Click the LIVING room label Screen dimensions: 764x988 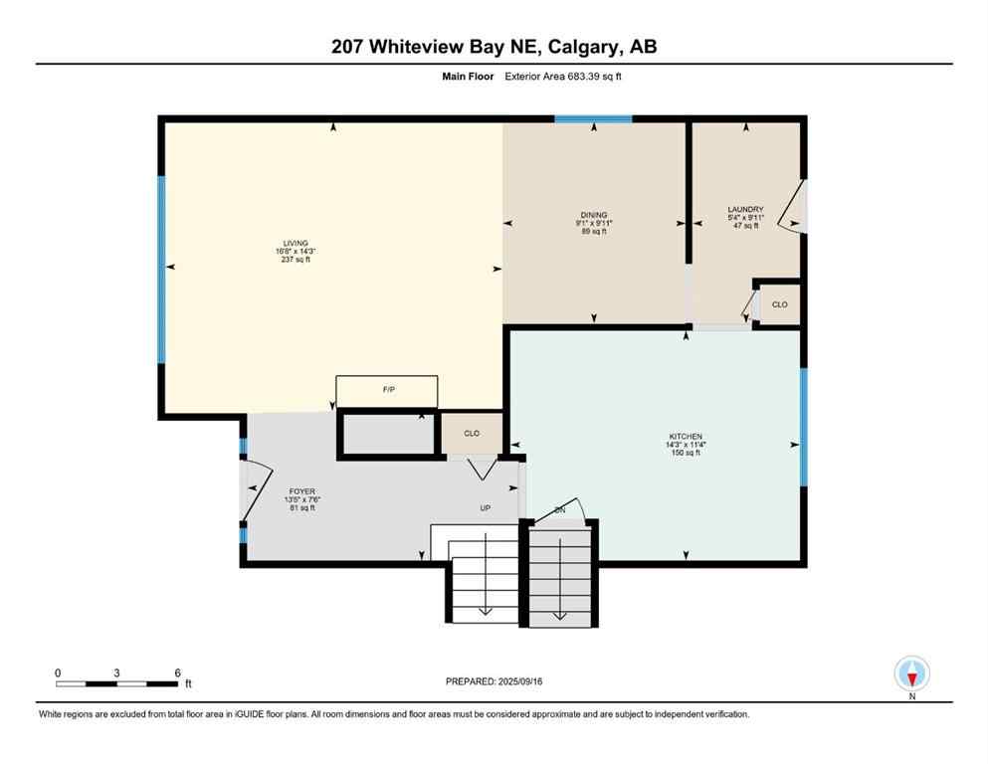point(295,243)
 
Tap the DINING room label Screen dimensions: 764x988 point(594,215)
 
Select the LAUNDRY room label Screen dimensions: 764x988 point(745,209)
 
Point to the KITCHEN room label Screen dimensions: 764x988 point(686,437)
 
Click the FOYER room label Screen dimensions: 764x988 point(301,491)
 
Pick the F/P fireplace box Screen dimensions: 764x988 point(387,390)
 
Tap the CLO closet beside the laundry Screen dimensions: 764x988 point(779,304)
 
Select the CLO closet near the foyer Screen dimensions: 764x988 point(472,434)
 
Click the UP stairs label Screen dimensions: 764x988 point(486,507)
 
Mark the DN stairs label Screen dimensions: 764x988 point(559,509)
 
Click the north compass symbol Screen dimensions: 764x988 point(912,674)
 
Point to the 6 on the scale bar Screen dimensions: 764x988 point(177,672)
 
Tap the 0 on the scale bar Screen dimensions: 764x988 point(58,672)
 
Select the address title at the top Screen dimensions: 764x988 point(494,47)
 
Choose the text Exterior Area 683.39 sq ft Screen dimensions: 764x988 point(574,76)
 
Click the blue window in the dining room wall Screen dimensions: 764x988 point(593,119)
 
